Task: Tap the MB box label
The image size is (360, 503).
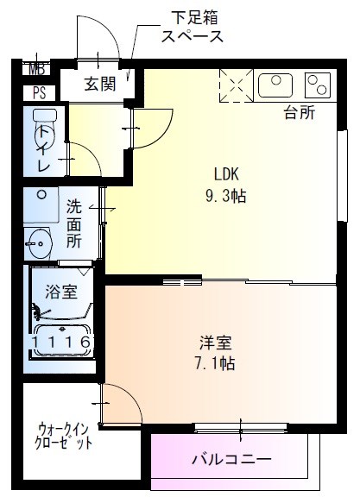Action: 37,70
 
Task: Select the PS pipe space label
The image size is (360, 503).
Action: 39,92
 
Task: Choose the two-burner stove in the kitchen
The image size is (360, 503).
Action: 317,85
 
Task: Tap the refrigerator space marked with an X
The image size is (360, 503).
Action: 234,85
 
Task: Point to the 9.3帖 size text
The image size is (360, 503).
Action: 226,195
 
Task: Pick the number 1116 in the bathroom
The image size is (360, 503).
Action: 62,343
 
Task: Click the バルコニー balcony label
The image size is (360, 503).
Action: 231,459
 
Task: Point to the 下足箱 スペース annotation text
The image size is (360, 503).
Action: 193,27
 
